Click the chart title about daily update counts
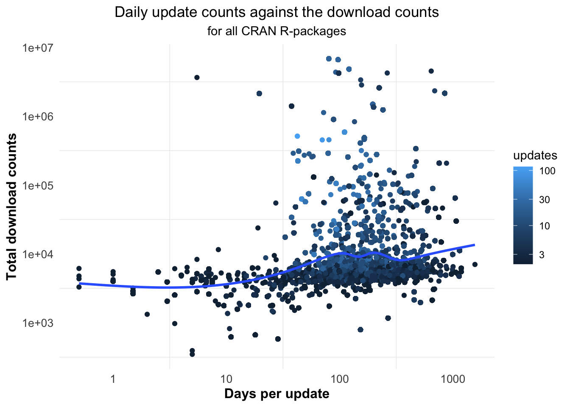(277, 12)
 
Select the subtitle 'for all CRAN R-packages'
(277, 31)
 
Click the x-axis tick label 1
(113, 379)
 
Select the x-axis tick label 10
(226, 379)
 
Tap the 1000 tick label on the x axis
(453, 379)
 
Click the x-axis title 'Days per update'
(277, 394)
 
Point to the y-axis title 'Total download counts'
(12, 206)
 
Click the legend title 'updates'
(535, 156)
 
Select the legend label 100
(547, 171)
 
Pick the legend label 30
(544, 200)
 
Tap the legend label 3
(542, 255)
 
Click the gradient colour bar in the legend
(523, 215)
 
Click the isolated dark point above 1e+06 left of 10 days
(197, 77)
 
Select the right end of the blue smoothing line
(474, 245)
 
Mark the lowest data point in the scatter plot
(192, 354)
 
